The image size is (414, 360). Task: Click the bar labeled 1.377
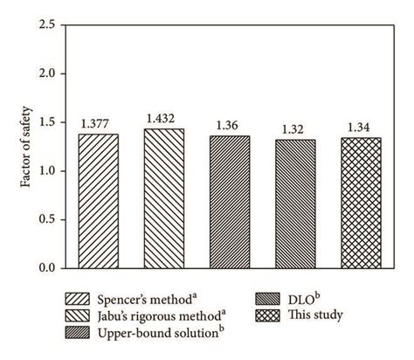tap(99, 201)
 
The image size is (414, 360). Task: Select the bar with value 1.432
tap(165, 198)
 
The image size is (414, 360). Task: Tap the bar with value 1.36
tap(230, 202)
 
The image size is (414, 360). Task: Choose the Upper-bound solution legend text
tap(158, 330)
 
